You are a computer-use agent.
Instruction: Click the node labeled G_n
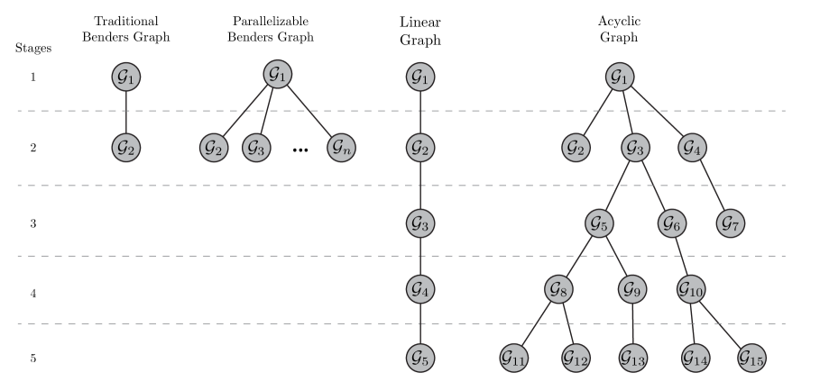coord(340,147)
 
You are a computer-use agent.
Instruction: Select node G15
coord(751,358)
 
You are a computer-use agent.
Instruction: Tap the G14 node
coord(695,358)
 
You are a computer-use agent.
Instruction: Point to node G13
coord(632,358)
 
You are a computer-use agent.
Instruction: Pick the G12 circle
coord(575,358)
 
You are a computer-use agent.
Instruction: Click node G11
coord(513,358)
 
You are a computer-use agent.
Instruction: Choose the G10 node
coord(691,289)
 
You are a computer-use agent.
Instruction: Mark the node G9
coord(632,289)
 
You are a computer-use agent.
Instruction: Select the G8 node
coord(559,289)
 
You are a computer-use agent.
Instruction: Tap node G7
coord(731,223)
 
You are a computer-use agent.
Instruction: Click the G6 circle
coord(671,223)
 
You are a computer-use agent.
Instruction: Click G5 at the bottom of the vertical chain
coord(420,358)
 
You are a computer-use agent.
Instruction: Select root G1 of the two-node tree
coord(126,77)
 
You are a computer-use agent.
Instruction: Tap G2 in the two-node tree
coord(126,147)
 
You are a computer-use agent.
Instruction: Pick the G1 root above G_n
coord(278,74)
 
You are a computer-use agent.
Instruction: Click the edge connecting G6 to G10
coord(681,256)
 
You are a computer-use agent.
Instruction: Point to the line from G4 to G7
coord(711,185)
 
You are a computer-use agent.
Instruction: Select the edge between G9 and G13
coord(632,323)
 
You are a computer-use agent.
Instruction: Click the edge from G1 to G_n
coord(309,111)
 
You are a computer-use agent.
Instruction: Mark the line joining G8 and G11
coord(537,323)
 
